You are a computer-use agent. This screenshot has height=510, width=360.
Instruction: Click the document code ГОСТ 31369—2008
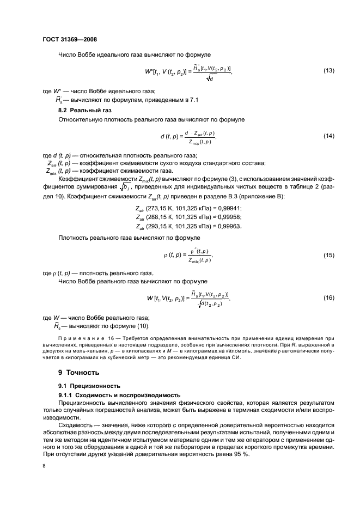[69, 39]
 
